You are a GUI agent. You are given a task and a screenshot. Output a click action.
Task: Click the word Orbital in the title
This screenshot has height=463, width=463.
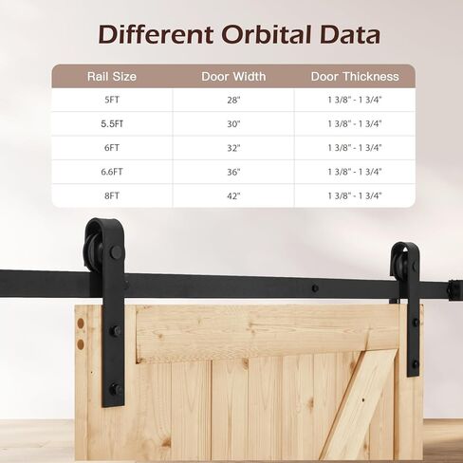pos(267,34)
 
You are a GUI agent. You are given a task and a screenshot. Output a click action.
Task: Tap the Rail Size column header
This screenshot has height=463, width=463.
pos(112,77)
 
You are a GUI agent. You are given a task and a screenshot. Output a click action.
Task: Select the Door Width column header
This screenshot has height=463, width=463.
pos(233,77)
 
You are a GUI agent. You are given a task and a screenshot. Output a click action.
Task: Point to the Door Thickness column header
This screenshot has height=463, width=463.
pos(355,77)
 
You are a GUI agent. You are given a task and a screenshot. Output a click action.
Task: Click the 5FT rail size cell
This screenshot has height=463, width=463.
pos(112,100)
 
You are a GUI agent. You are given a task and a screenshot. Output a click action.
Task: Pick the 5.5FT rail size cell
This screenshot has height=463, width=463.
pos(112,124)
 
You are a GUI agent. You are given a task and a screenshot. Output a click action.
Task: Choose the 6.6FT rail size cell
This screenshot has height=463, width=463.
pos(112,172)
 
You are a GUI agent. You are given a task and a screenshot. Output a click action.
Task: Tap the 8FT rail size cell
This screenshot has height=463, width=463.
pos(112,195)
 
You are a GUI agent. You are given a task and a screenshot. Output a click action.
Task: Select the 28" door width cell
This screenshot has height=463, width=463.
pos(233,100)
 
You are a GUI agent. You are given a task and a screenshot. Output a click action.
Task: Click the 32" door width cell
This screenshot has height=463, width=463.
pos(233,148)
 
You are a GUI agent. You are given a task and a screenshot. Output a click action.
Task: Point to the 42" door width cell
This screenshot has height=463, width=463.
pos(233,195)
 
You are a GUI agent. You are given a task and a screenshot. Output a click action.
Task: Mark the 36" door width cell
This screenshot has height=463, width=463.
pos(233,172)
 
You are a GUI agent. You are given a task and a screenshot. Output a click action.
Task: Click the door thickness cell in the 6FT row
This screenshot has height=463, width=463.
pos(355,148)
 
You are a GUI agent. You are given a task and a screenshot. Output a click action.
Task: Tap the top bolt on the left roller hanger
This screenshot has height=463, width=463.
pos(116,252)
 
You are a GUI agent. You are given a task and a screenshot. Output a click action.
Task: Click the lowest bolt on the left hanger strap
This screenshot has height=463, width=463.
pos(115,389)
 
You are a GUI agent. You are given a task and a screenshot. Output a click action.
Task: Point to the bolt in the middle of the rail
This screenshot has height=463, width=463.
pos(315,288)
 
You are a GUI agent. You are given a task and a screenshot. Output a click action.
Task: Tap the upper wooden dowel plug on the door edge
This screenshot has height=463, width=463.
pos(81,324)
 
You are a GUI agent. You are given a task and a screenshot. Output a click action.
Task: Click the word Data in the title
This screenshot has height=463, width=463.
pos(350,34)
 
